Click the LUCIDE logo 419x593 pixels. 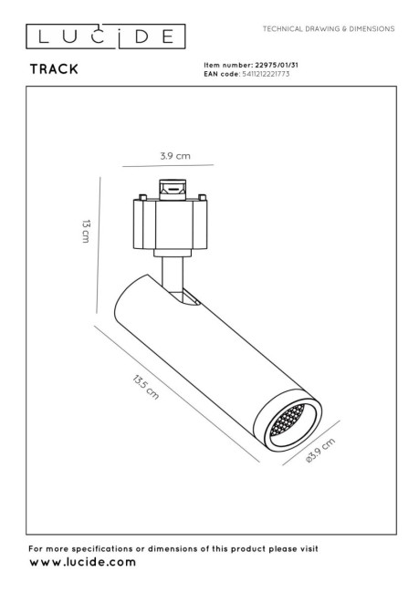tap(106, 36)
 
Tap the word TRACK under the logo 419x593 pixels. tap(54, 69)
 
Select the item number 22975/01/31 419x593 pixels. tap(277, 65)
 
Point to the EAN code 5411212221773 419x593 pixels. tap(266, 74)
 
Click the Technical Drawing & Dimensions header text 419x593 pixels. tap(329, 29)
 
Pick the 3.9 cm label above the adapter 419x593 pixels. tap(175, 156)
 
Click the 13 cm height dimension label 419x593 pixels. tap(86, 231)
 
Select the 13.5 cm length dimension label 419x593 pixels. tap(146, 387)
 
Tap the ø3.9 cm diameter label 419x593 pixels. tap(320, 451)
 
